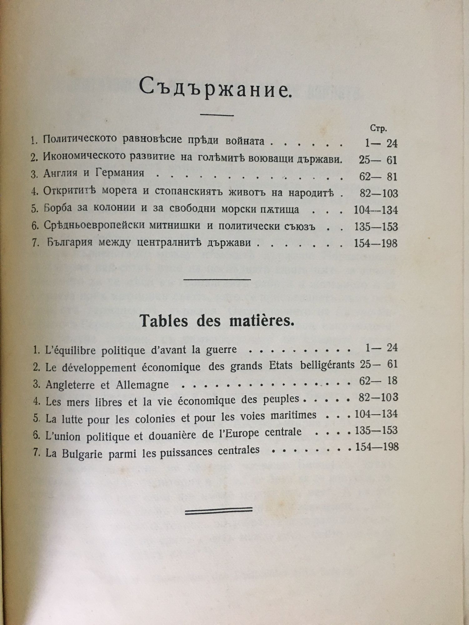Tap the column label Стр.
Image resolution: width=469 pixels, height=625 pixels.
coord(378,128)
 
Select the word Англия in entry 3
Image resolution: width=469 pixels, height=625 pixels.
coord(60,173)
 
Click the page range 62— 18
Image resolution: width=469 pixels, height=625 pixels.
coord(378,381)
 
